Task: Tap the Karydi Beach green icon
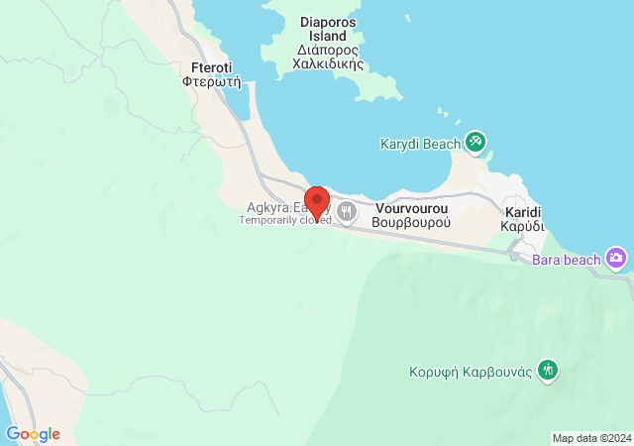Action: (475, 143)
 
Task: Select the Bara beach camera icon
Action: (617, 259)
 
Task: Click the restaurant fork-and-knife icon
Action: (348, 211)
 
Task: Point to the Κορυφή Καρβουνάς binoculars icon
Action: (548, 372)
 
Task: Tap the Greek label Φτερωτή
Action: (212, 83)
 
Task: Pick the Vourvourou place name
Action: (413, 209)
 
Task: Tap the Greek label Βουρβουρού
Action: (412, 223)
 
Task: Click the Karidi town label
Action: (522, 212)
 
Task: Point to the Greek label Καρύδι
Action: (522, 226)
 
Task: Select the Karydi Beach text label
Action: (420, 144)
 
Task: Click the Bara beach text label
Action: (567, 260)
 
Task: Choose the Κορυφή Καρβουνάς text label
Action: (472, 373)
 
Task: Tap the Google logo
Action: (33, 434)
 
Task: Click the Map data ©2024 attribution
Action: (590, 438)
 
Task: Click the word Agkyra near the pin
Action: (266, 208)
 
